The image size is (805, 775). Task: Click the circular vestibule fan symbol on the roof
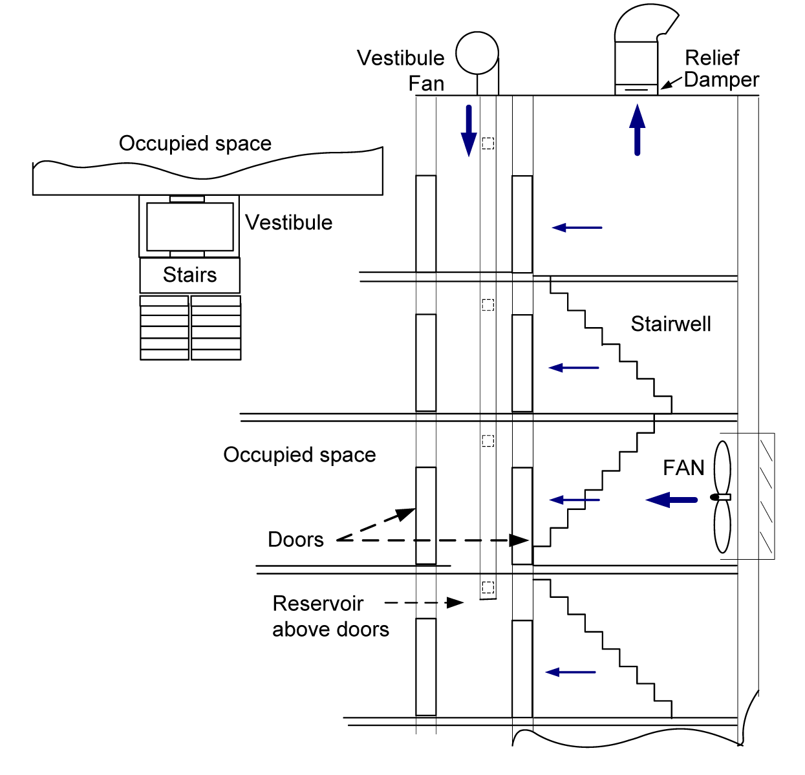(477, 53)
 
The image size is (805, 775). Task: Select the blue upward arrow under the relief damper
(638, 130)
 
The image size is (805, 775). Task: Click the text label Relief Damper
(720, 69)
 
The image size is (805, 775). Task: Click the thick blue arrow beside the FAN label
(672, 500)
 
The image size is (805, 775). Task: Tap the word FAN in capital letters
(683, 467)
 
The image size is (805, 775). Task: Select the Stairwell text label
(671, 324)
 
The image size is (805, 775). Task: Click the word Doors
(295, 540)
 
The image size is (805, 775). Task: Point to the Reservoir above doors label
(330, 616)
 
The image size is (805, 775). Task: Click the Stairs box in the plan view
(190, 275)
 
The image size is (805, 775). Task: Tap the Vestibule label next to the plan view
(289, 222)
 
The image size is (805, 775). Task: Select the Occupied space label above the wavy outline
(195, 143)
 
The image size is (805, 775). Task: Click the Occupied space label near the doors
(299, 455)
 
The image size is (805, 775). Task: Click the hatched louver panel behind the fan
(766, 496)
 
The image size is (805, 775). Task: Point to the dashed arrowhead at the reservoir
(455, 603)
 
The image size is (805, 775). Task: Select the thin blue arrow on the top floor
(577, 228)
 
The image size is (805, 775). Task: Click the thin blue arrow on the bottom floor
(570, 672)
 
